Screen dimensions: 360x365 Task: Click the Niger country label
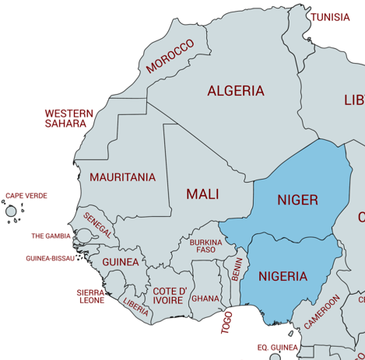297,200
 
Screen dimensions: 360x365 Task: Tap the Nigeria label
283,276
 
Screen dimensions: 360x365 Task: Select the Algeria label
235,91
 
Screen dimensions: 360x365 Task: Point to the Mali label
202,194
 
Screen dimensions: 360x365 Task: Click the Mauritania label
122,177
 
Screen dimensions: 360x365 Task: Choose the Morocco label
170,57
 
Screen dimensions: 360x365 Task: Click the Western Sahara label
68,118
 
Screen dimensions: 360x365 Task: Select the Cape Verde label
26,196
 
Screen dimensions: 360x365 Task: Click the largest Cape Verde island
11,211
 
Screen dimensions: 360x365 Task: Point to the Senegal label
98,225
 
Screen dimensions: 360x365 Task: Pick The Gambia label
51,236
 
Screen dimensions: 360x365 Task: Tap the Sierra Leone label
90,296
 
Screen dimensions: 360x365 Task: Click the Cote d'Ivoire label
169,295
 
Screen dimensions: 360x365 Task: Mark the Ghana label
205,299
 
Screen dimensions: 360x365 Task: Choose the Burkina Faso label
206,246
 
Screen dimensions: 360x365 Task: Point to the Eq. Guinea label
277,348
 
